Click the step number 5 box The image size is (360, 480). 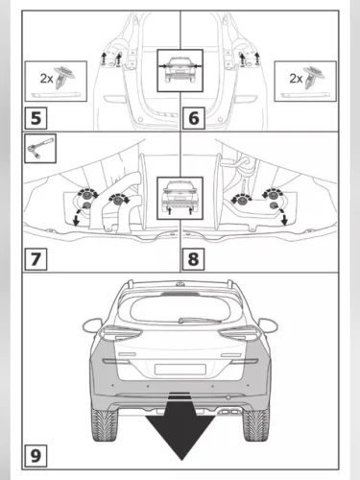[36, 118]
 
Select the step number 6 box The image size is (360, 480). [193, 118]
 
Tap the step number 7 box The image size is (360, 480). [36, 258]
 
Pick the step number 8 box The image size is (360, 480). [193, 258]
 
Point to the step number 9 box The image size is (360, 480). [36, 455]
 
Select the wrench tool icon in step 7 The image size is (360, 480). [40, 149]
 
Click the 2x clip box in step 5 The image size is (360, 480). [56, 82]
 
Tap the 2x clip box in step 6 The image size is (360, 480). [305, 82]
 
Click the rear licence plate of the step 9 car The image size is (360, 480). [180, 369]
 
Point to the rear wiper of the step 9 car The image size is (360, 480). [200, 320]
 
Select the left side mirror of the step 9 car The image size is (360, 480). [92, 325]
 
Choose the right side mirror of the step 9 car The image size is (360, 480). [268, 325]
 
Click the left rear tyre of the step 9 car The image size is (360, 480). [105, 425]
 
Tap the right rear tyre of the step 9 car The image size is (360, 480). [256, 425]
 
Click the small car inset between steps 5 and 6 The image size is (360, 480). [180, 70]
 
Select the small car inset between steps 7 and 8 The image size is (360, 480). [180, 198]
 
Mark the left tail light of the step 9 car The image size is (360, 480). [121, 333]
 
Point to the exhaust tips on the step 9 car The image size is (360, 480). [229, 411]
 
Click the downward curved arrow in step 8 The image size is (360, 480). [283, 216]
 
